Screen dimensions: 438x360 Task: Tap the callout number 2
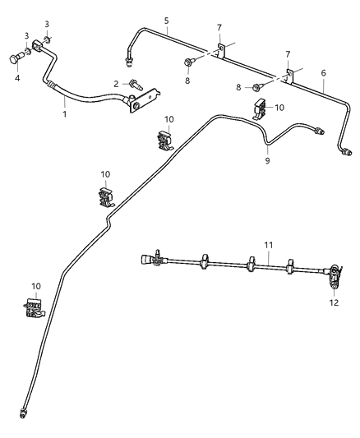coord(116,83)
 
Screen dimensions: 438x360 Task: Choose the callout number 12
coord(334,302)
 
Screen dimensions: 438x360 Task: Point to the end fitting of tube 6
coord(348,151)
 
